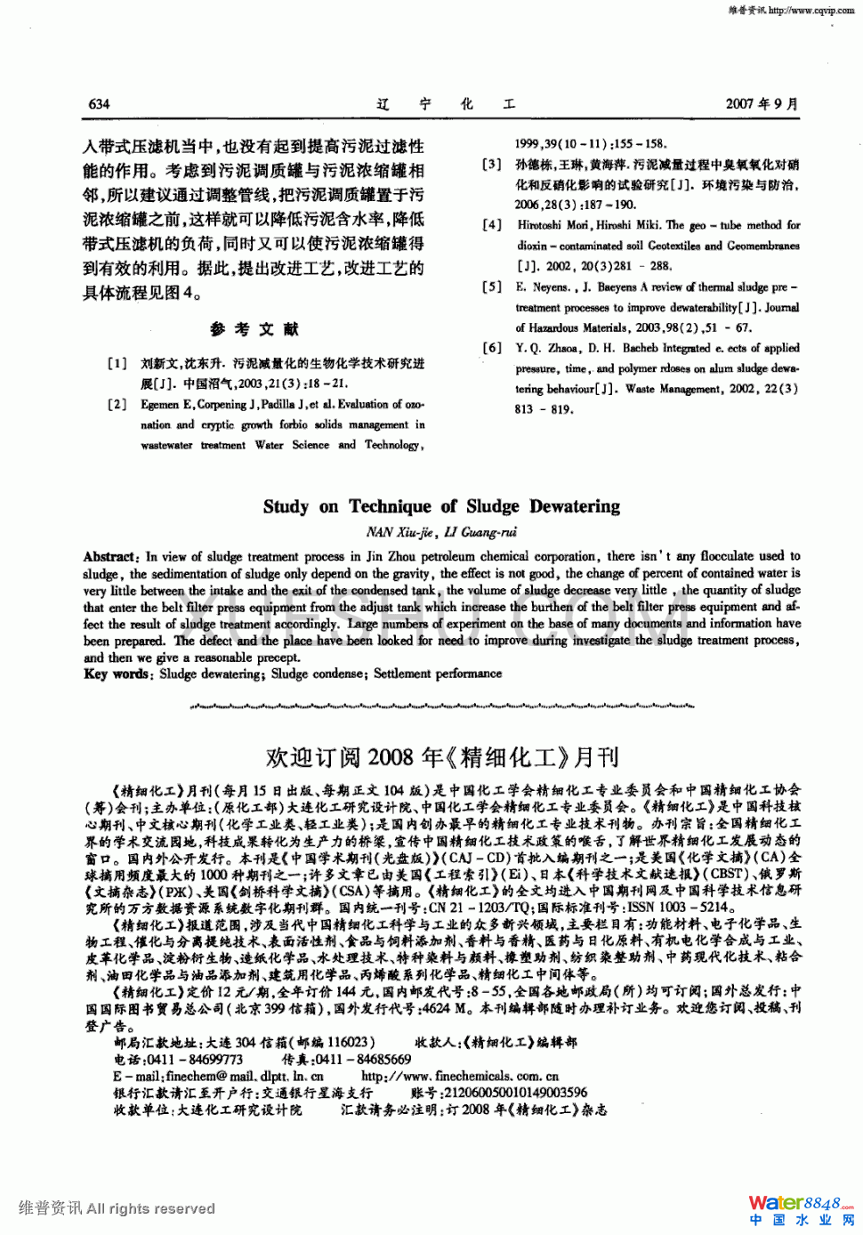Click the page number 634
(99, 104)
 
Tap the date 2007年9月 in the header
(762, 104)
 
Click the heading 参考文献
(254, 329)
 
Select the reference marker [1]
(117, 363)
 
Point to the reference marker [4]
(492, 225)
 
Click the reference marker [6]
(492, 348)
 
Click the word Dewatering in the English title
(575, 506)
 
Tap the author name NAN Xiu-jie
(399, 532)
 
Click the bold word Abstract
(110, 556)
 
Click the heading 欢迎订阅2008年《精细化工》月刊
(441, 757)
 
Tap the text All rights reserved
(150, 1208)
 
